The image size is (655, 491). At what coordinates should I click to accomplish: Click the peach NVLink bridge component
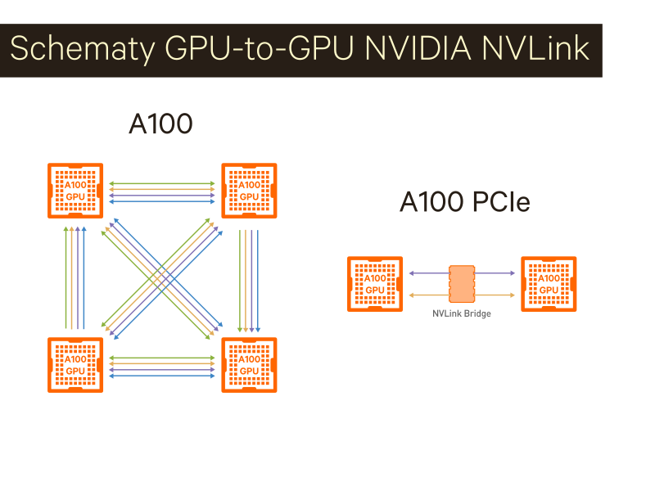coord(462,284)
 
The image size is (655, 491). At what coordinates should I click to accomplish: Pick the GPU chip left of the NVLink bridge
coord(374,284)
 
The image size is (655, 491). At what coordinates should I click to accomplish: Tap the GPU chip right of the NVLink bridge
coord(549,284)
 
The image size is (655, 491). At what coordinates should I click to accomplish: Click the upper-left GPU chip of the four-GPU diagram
coord(75,191)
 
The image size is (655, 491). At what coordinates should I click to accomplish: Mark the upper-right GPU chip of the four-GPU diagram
coord(249,191)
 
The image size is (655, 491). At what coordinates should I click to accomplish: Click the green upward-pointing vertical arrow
coord(65,278)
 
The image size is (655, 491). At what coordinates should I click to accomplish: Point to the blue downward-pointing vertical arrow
coord(259,278)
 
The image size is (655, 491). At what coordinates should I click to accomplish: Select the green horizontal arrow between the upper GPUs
coord(162,182)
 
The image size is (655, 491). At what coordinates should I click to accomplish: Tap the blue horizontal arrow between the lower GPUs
coord(162,376)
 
